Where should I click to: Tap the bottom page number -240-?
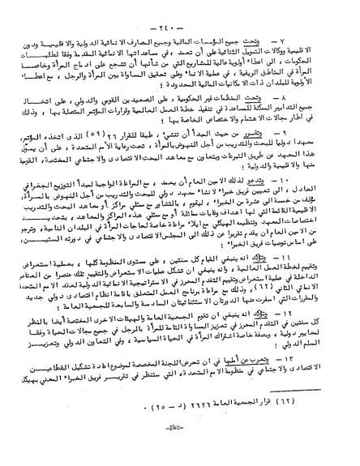point(180,443)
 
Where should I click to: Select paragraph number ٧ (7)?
point(317,41)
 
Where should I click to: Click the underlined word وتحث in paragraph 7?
point(298,41)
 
